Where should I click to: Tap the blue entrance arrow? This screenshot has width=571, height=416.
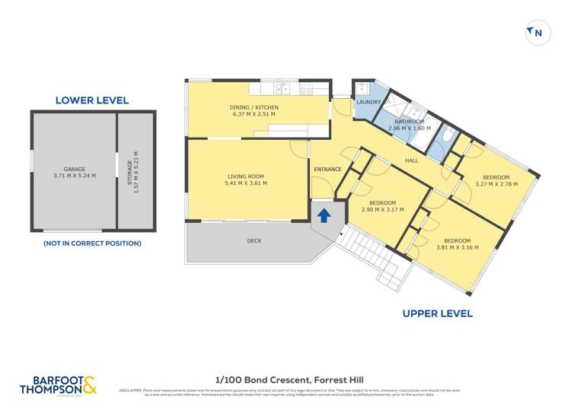pos(324,215)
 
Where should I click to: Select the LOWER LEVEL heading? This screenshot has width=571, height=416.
pos(92,100)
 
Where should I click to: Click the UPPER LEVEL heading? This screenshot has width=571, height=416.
pos(437,313)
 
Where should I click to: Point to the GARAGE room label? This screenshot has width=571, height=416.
pos(75,169)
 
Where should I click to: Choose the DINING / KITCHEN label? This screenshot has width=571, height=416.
pos(254,108)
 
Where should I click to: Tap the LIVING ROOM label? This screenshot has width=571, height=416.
pos(245,176)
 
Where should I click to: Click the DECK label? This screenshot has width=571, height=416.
pos(254,241)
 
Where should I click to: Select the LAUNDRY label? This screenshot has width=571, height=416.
pos(368,101)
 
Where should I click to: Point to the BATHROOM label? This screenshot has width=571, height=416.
pos(409,121)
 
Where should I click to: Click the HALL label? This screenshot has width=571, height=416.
pos(412,160)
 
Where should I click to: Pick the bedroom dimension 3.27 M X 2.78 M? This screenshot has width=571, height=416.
pos(496,183)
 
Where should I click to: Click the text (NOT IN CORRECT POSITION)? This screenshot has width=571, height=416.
pos(92,243)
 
